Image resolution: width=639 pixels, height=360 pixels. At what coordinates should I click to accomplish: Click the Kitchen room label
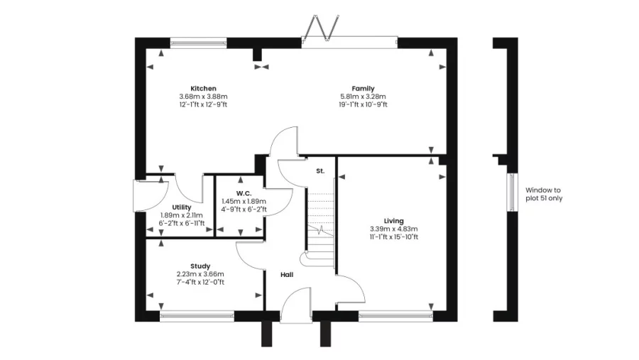pos(203,89)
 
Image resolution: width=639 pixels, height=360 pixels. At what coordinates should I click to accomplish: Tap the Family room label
pos(363,89)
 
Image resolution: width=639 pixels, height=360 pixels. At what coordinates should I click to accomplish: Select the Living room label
pos(393,221)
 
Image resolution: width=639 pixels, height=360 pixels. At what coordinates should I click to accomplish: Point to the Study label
pos(200,266)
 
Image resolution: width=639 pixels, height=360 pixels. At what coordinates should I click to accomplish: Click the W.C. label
pos(244,193)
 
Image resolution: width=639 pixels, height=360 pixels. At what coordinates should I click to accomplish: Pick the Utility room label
pos(181,207)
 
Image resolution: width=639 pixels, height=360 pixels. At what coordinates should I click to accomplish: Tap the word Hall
pos(287,275)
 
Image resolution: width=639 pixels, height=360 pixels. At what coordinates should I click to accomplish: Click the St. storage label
pos(320,171)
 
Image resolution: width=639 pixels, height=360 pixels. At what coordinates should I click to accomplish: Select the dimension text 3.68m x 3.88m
pos(203,97)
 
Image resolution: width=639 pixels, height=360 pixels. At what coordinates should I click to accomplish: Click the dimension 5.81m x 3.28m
pos(363,97)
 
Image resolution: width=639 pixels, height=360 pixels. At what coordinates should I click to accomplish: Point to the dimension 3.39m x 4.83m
pos(393,229)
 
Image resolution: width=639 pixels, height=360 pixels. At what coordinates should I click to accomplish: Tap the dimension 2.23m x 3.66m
pos(200,274)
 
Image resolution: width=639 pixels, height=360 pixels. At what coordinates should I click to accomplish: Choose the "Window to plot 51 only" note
pos(544,194)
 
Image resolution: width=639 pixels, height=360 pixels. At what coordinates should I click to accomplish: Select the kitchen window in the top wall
pos(198,43)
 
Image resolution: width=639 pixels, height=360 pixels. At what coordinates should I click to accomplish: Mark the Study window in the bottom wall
pos(197,317)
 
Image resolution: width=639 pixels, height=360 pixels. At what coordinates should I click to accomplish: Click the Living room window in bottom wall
pos(395,317)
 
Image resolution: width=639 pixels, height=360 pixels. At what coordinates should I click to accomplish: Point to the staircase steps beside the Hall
pos(320,229)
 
